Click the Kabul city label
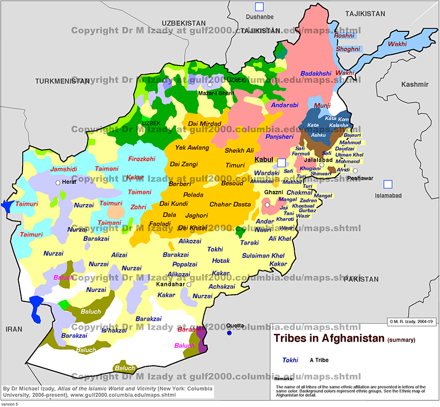pos(263,159)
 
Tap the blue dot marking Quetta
pos(229,333)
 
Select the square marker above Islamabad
pos(388,184)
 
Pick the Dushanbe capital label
pos(259,17)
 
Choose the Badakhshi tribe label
pos(316,73)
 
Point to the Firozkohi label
pos(141,159)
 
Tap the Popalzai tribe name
pos(184,264)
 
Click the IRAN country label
pos(13,328)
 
